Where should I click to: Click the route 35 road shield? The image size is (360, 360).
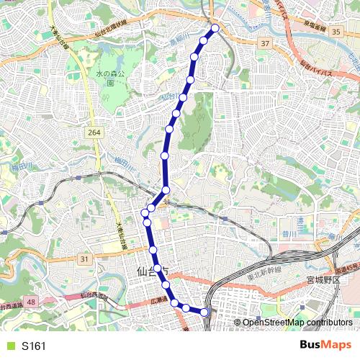pyautogui.click(x=336, y=32)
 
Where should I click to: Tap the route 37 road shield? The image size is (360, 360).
pyautogui.click(x=266, y=44)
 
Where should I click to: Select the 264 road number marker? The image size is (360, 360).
pyautogui.click(x=94, y=132)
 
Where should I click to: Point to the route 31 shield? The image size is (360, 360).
pyautogui.click(x=85, y=258)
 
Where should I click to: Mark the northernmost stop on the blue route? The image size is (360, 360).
pyautogui.click(x=214, y=30)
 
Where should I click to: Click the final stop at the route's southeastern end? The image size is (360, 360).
pyautogui.click(x=204, y=312)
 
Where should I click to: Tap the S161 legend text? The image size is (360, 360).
pyautogui.click(x=33, y=346)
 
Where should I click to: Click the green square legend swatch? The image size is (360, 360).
pyautogui.click(x=9, y=346)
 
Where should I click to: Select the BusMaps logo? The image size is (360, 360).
pyautogui.click(x=325, y=346)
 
